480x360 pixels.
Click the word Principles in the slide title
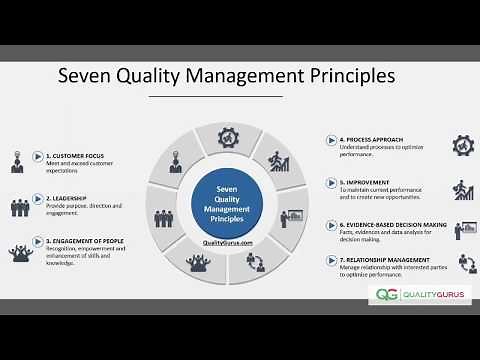point(346,76)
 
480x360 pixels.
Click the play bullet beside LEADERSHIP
point(43,199)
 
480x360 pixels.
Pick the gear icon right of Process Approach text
point(463,146)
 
